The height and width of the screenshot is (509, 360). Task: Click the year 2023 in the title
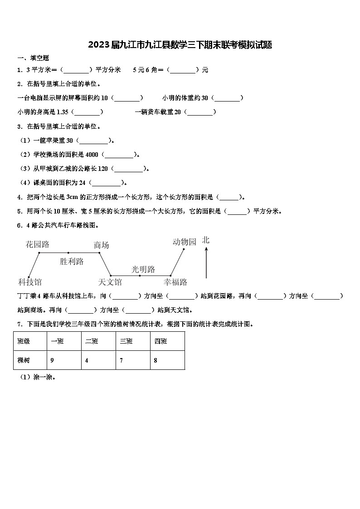[x=99, y=45]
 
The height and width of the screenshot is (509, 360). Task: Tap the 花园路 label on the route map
[x=37, y=244]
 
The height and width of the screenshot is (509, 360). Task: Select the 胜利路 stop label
[x=72, y=262]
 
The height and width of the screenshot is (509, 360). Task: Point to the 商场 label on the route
[x=101, y=245]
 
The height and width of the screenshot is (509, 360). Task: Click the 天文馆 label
[x=110, y=282]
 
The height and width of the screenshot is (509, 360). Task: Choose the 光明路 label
[x=143, y=269]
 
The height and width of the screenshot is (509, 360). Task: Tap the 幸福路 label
[x=175, y=282]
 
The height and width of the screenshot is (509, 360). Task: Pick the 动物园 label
[x=185, y=242]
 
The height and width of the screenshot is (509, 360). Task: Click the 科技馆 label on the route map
[x=30, y=282]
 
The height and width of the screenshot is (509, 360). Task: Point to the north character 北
[x=206, y=240]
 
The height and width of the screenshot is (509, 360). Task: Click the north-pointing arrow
[x=206, y=262]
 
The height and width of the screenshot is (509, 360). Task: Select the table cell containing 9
[x=64, y=360]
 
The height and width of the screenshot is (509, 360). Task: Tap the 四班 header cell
[x=167, y=341]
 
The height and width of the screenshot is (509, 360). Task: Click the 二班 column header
[x=98, y=341]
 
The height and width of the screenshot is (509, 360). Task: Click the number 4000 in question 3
[x=92, y=155]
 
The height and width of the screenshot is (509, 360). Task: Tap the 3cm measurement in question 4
[x=72, y=197]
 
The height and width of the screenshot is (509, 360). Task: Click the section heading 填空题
[x=39, y=58]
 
